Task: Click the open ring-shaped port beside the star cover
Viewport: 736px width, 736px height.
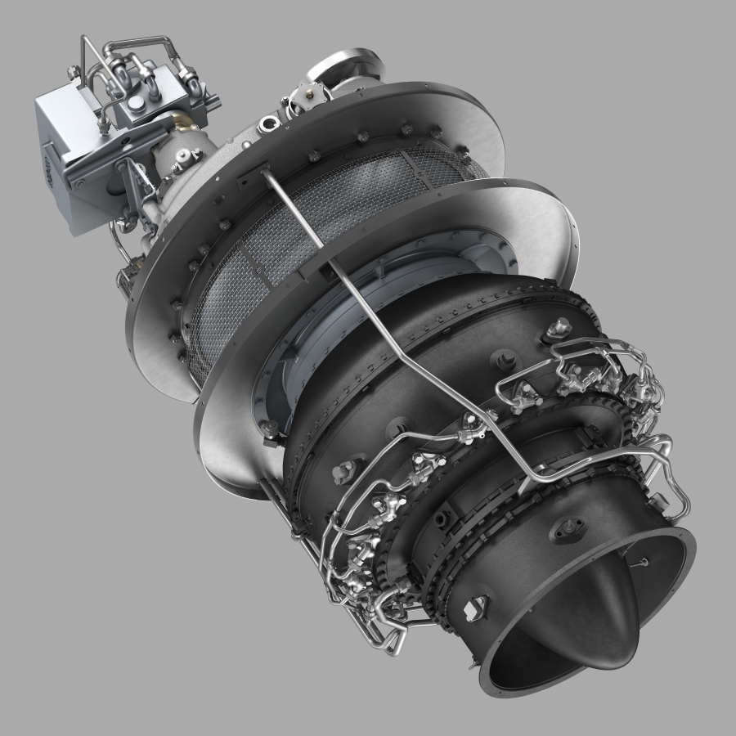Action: point(267,125)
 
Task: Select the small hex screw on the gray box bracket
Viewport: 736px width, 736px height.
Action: point(80,184)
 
